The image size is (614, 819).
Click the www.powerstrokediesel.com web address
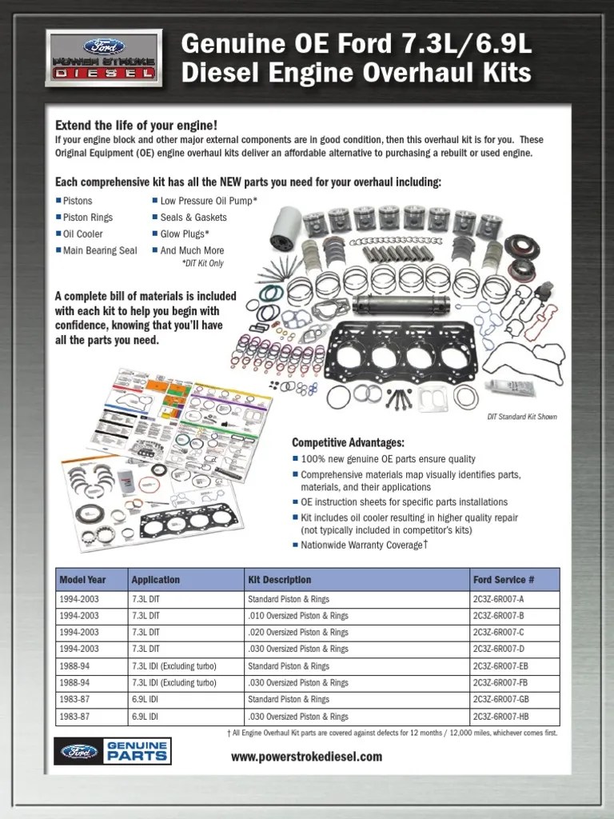point(306,757)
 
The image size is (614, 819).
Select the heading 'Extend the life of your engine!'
point(136,126)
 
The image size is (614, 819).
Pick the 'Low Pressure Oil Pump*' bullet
point(209,201)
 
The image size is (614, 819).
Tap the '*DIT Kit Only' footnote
point(202,263)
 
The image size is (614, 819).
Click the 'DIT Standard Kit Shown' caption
point(522,417)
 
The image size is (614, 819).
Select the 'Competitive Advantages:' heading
point(348,442)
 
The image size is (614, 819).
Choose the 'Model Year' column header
point(82,580)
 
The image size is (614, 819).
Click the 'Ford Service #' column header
point(503,580)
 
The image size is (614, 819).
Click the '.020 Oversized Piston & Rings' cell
point(297,633)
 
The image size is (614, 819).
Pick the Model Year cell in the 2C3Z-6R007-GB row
point(75,700)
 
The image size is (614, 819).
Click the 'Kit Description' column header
point(279,580)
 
